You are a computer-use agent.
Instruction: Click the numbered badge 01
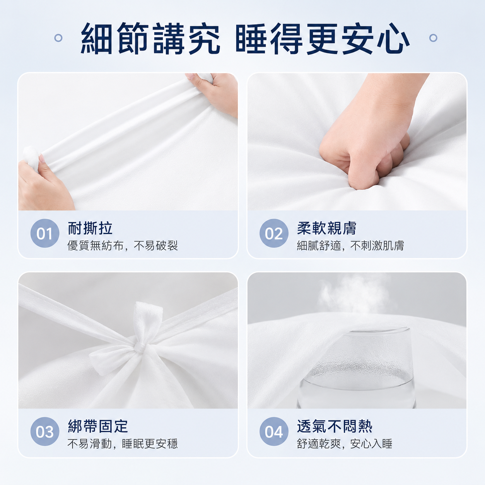(x=45, y=233)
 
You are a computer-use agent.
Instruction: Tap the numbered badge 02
(x=274, y=233)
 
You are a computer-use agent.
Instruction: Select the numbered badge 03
(x=45, y=431)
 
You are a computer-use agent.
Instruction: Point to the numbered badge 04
(x=274, y=431)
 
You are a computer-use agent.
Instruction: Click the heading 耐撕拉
(x=90, y=228)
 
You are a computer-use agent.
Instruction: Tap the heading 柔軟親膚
(x=327, y=228)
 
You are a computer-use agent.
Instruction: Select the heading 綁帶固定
(x=98, y=426)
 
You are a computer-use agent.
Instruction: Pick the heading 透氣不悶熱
(x=335, y=426)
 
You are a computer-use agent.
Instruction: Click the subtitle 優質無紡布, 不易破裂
(x=123, y=245)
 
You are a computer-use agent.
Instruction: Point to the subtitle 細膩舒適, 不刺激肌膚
(x=350, y=245)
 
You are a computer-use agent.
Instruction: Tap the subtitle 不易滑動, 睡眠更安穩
(x=123, y=444)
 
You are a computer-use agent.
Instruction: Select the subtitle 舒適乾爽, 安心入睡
(x=345, y=444)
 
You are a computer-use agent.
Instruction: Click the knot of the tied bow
(x=140, y=348)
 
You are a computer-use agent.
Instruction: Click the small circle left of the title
(x=58, y=38)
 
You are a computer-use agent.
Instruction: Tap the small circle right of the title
(x=433, y=38)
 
